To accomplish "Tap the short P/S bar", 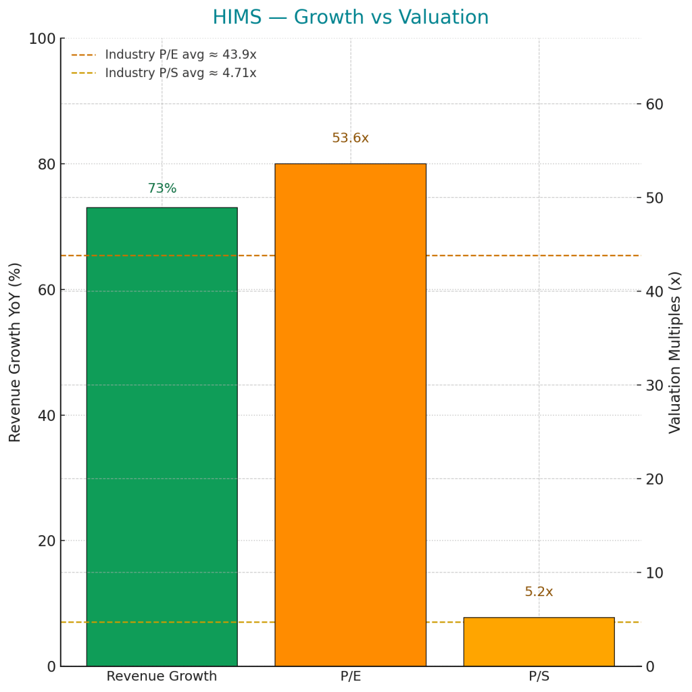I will click(539, 641).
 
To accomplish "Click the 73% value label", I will click(162, 189).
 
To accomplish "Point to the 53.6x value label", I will click(350, 139).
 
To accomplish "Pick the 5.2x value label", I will click(539, 592).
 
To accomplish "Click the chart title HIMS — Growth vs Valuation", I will click(350, 18).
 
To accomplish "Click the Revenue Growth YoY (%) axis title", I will click(16, 352).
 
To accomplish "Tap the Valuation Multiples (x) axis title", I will click(675, 352).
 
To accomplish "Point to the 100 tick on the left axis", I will click(42, 39).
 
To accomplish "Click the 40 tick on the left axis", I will click(46, 415).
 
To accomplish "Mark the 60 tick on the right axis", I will click(654, 104).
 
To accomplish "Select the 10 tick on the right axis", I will click(654, 572).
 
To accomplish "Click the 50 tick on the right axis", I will click(654, 198).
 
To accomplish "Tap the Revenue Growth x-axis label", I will click(162, 676).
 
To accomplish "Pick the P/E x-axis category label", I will click(350, 676).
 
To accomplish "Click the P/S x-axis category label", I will click(539, 676).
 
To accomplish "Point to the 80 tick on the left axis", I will click(46, 164).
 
